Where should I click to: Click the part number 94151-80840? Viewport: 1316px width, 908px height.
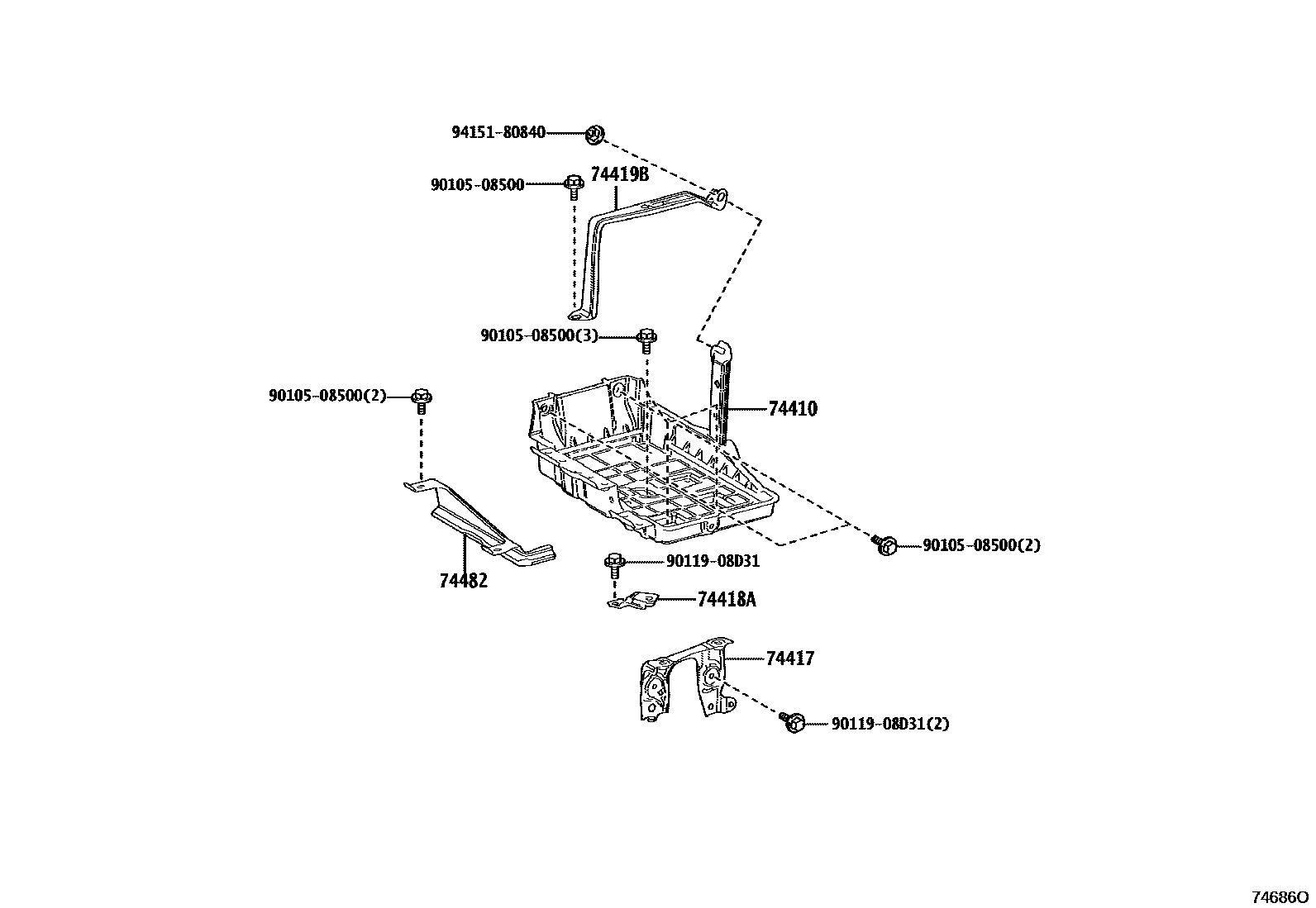[x=498, y=132]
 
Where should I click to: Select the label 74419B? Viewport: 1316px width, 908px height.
[x=619, y=174]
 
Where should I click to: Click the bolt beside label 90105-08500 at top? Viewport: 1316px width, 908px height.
[x=573, y=186]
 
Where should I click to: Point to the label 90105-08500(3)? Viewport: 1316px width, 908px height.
[x=539, y=336]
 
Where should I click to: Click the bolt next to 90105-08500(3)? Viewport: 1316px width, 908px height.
[x=647, y=338]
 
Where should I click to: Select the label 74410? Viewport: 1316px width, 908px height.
[x=792, y=409]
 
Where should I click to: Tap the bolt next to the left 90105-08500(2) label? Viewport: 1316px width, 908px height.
[x=422, y=399]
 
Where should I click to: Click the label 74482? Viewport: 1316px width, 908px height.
[x=463, y=581]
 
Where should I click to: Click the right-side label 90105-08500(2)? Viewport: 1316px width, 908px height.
[x=981, y=545]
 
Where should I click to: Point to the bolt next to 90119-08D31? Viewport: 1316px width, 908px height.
[x=614, y=563]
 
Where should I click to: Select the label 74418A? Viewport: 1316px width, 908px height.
[x=726, y=599]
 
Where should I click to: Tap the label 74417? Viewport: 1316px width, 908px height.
[x=789, y=658]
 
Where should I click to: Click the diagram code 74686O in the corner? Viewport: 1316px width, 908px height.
[x=1279, y=896]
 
